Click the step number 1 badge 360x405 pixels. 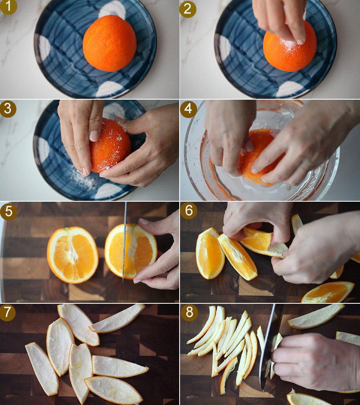[x=8, y=7]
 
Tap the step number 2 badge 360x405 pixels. [x=188, y=9]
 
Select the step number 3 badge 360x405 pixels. [x=8, y=109]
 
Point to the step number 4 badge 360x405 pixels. [x=188, y=109]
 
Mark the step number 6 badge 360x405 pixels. [x=189, y=211]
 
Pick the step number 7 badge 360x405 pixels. [x=8, y=312]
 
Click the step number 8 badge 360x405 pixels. [x=189, y=313]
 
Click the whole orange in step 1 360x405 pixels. [x=110, y=43]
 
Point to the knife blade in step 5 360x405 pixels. [x=124, y=242]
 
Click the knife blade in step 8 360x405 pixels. [x=270, y=346]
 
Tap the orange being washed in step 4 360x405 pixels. [x=258, y=156]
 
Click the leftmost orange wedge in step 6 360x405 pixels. [x=210, y=254]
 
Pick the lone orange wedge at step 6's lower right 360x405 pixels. [x=328, y=292]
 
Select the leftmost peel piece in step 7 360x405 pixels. [x=42, y=369]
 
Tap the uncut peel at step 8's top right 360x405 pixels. [x=316, y=316]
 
